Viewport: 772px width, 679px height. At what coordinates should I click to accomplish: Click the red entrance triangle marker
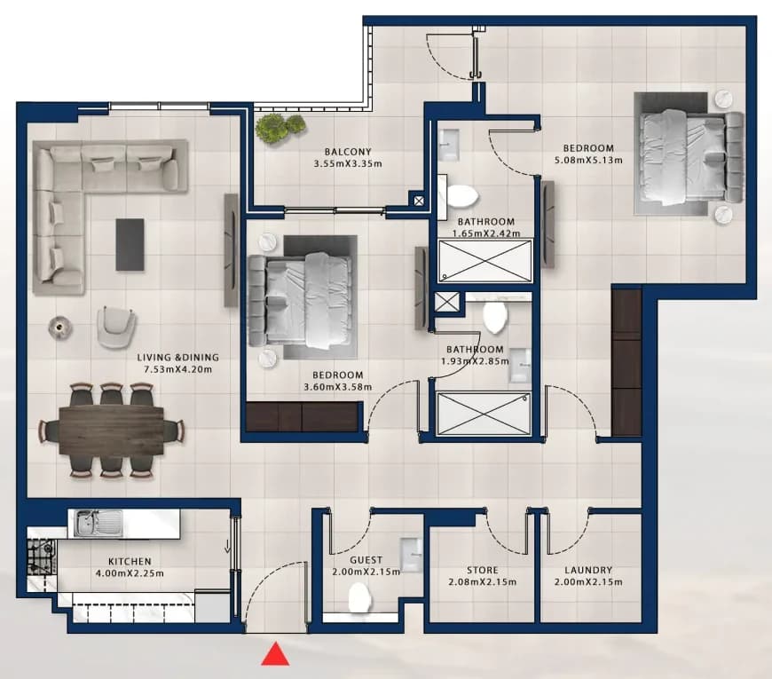tap(275, 654)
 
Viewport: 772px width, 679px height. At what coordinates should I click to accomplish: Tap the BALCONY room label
tap(348, 152)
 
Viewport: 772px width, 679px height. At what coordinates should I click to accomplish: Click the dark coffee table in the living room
tap(130, 245)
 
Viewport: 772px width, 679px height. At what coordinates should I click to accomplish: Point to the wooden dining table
tap(111, 430)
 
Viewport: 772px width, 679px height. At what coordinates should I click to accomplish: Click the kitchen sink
tap(95, 523)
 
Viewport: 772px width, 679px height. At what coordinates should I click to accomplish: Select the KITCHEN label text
tap(130, 561)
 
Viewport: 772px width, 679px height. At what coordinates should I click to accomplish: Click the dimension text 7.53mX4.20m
tap(177, 369)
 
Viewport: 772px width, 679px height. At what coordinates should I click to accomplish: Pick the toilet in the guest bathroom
tap(359, 597)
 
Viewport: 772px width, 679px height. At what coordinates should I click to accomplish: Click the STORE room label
tap(483, 570)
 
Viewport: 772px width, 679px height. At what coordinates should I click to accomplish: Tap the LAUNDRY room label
tap(588, 570)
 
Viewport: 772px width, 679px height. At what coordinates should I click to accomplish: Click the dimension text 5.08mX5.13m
tap(588, 160)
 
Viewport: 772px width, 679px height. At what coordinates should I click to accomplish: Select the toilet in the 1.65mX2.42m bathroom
tap(461, 196)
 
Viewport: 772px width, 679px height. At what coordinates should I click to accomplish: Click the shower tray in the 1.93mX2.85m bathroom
tap(484, 414)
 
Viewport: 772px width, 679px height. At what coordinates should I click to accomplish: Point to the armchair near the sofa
tap(116, 326)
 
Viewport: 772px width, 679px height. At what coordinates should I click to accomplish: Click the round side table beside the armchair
tap(60, 327)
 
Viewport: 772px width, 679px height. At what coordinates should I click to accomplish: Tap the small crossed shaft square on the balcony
tap(419, 201)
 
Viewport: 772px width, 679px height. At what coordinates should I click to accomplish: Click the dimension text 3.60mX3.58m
tap(338, 387)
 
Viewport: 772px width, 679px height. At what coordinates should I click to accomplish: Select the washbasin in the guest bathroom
tap(411, 555)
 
